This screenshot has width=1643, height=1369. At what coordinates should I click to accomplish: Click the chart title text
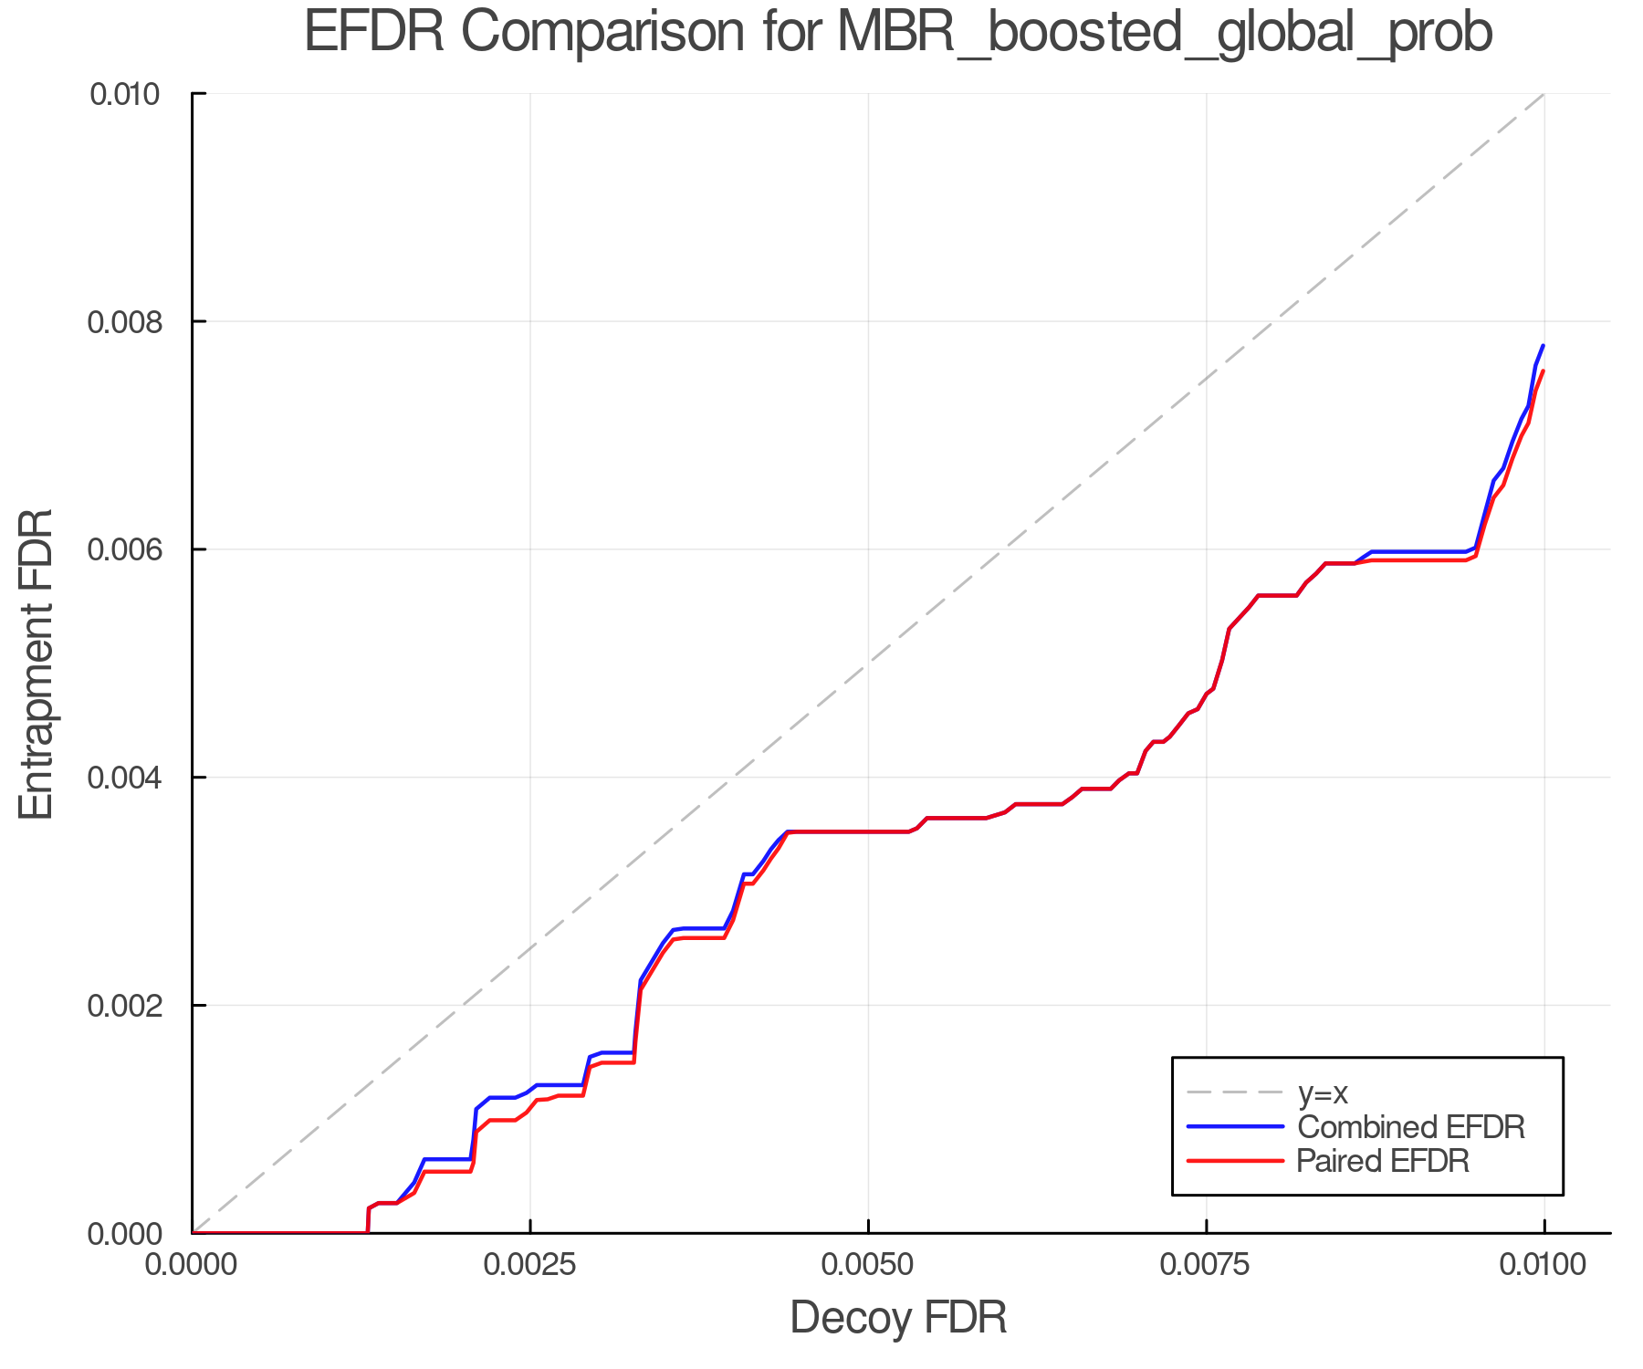(898, 33)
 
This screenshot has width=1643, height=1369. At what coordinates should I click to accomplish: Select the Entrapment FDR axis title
(37, 664)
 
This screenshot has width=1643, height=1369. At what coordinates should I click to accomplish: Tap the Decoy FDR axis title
(898, 1317)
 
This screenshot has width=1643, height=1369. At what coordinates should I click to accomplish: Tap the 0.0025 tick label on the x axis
(530, 1265)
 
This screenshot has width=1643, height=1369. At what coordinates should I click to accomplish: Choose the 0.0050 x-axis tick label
(868, 1265)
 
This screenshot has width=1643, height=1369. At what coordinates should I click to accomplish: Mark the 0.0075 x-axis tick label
(1206, 1265)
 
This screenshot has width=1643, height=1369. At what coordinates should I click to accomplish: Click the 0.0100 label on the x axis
(1544, 1265)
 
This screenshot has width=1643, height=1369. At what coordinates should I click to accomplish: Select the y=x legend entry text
(1322, 1092)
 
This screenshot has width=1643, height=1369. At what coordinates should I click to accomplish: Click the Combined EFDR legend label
(1410, 1127)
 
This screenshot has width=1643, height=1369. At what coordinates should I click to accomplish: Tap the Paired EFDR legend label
(1383, 1161)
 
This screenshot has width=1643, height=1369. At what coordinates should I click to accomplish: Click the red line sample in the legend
(1235, 1161)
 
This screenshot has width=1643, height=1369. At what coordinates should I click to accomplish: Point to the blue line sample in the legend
(1235, 1127)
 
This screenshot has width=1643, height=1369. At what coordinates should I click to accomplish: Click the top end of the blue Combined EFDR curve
(1543, 346)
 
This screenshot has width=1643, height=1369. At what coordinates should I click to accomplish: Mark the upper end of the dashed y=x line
(1544, 94)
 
